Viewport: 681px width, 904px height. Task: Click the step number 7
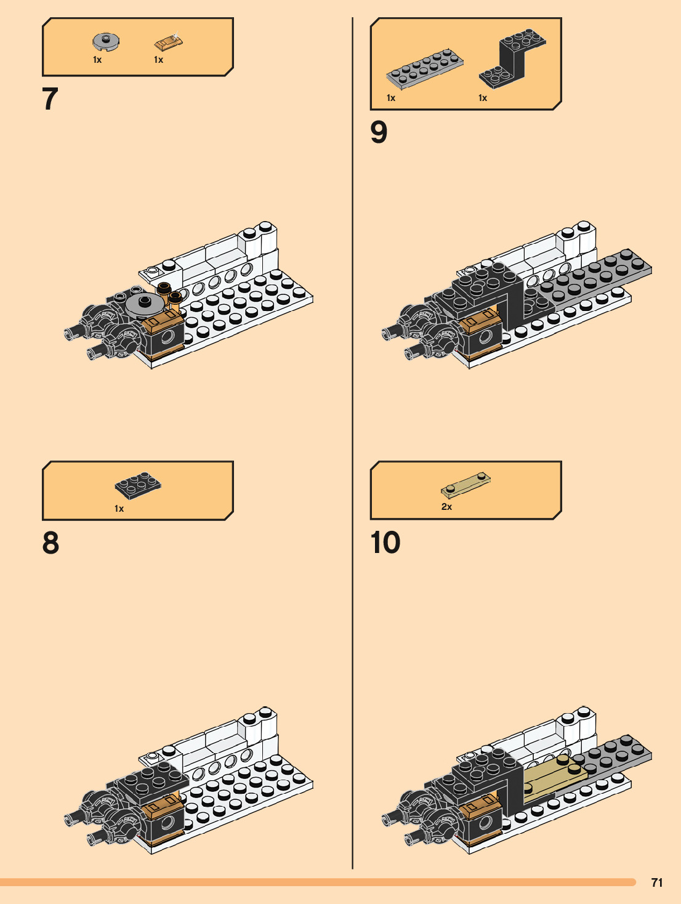click(50, 99)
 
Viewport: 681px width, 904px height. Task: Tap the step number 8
click(50, 543)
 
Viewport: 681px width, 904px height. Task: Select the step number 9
click(379, 132)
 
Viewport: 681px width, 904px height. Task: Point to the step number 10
click(385, 543)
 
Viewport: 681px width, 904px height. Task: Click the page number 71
click(657, 882)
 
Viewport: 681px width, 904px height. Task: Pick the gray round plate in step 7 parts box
click(106, 42)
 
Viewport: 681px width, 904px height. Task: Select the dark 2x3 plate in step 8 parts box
click(139, 485)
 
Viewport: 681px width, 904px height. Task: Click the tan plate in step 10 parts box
click(466, 485)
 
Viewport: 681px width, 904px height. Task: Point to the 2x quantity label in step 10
click(446, 507)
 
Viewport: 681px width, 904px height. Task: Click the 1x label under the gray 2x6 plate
click(391, 98)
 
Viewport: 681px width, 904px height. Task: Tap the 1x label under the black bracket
click(483, 98)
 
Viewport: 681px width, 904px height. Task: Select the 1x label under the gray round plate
click(97, 60)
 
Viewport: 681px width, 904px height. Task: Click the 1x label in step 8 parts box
click(119, 509)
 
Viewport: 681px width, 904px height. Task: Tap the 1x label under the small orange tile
click(158, 60)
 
